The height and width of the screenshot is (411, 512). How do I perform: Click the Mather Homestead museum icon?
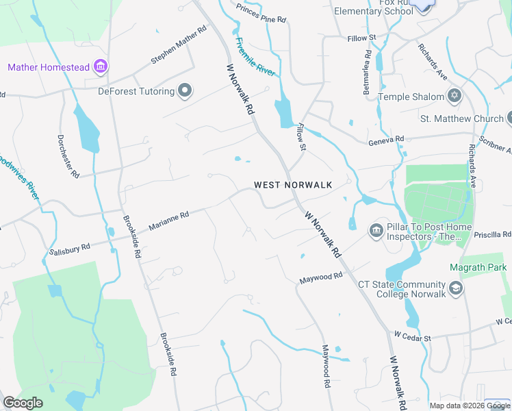(101, 66)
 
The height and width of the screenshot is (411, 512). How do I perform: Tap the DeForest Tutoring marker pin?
(184, 90)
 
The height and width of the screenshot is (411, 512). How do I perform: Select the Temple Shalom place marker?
(453, 96)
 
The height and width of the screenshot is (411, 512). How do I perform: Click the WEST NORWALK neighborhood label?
(293, 185)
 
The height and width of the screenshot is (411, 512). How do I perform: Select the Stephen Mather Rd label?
(179, 46)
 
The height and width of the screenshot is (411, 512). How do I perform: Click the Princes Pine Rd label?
(261, 13)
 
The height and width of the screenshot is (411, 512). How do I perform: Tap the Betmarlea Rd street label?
(368, 71)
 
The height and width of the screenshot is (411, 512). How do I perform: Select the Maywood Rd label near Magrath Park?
(320, 277)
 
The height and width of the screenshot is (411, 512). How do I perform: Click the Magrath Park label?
(478, 266)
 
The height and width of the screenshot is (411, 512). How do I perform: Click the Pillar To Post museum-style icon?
(376, 231)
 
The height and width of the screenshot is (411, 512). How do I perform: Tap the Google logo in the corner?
(23, 403)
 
